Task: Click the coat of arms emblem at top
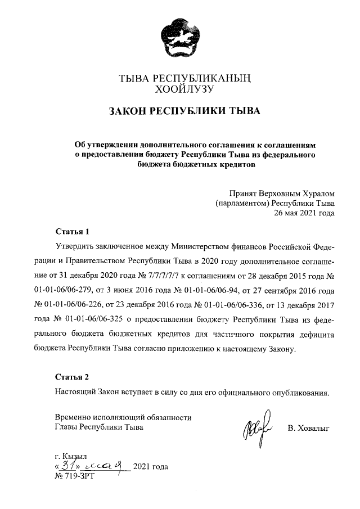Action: coord(180,37)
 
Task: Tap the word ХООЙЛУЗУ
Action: coord(180,88)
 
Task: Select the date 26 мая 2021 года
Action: coord(304,213)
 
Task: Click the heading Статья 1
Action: coord(72,232)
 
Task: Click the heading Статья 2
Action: coord(72,377)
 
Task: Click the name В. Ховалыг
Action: coord(308,429)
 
